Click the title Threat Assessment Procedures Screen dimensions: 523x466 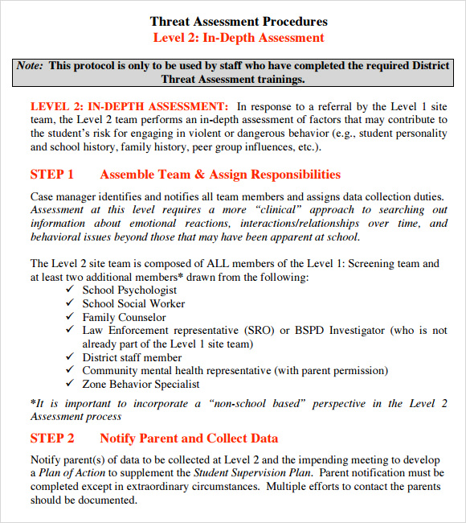coord(239,22)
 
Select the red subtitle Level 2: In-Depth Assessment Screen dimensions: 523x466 coord(239,38)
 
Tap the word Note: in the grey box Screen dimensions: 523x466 coord(31,65)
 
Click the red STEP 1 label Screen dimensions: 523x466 coord(52,175)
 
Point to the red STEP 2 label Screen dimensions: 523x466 coord(52,439)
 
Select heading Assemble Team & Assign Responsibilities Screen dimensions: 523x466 coord(220,175)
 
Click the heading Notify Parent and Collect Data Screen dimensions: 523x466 coord(189,439)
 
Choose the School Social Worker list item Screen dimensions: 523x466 coord(133,304)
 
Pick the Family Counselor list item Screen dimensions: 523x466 coord(124,317)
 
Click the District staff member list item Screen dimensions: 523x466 coord(132,357)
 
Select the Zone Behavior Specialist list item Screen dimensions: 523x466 coord(141,384)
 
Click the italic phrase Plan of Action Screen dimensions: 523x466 coord(72,473)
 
